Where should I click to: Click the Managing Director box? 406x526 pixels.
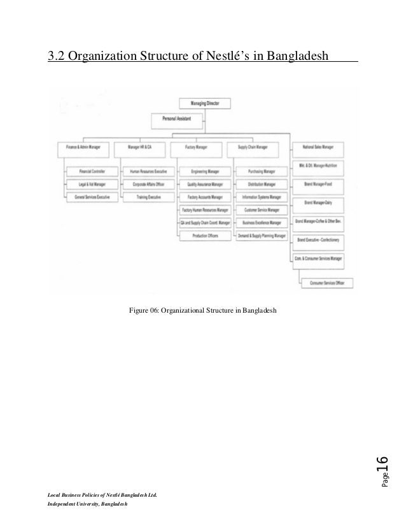pyautogui.click(x=203, y=103)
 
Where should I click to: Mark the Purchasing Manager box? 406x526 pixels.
pyautogui.click(x=261, y=172)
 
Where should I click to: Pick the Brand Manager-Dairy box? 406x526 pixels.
pyautogui.click(x=318, y=202)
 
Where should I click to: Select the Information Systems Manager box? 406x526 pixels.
pyautogui.click(x=261, y=197)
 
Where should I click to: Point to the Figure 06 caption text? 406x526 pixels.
pyautogui.click(x=202, y=310)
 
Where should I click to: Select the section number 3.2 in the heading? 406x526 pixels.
pyautogui.click(x=57, y=59)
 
